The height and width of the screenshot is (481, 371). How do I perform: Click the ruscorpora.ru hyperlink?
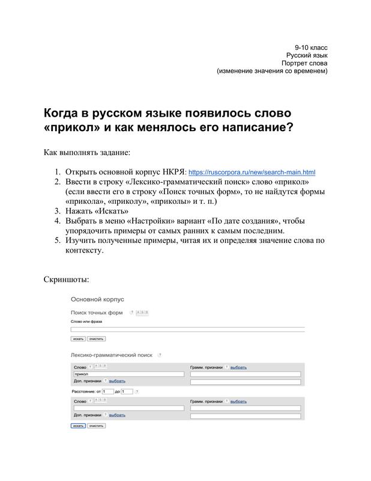pos(252,172)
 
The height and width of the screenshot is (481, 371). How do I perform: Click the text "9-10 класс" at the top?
pos(310,47)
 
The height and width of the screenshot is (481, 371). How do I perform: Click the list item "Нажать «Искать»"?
pos(97,211)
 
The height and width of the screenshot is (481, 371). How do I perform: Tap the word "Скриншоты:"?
pos(67,280)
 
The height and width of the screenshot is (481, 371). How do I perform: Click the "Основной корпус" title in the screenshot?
pos(97,299)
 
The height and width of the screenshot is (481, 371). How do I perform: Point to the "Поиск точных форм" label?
pos(97,313)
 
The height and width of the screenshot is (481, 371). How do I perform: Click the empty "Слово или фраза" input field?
pos(187,329)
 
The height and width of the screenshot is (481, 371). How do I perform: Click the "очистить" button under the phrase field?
pos(96,339)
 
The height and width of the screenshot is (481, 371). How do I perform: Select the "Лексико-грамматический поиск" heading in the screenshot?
pos(112,355)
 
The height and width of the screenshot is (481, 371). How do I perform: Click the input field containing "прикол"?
pos(128,374)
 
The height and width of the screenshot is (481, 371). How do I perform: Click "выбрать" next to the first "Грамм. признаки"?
pos(238,367)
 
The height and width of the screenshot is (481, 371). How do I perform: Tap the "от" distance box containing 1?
pos(107,391)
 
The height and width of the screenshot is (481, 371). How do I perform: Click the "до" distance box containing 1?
pos(126,391)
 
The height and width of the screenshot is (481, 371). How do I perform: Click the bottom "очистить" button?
pos(96,425)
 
